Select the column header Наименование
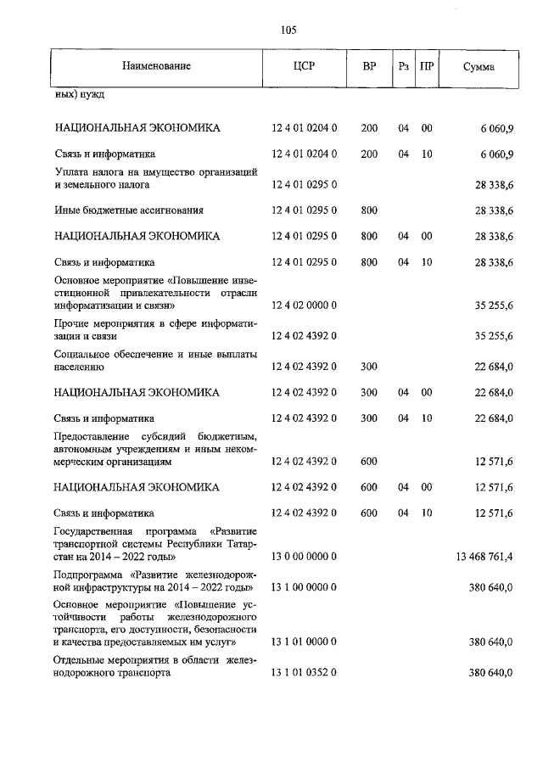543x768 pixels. click(156, 66)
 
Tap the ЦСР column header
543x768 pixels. click(304, 66)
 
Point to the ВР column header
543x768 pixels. click(369, 66)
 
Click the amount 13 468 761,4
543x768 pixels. click(480, 557)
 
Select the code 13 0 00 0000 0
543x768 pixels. click(304, 557)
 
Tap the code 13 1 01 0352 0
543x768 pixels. click(304, 673)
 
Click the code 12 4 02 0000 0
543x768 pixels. click(304, 304)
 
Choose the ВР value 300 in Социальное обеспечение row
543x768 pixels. click(369, 367)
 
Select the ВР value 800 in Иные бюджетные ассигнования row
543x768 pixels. click(369, 210)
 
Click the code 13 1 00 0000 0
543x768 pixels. click(304, 587)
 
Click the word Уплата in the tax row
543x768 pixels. click(71, 172)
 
